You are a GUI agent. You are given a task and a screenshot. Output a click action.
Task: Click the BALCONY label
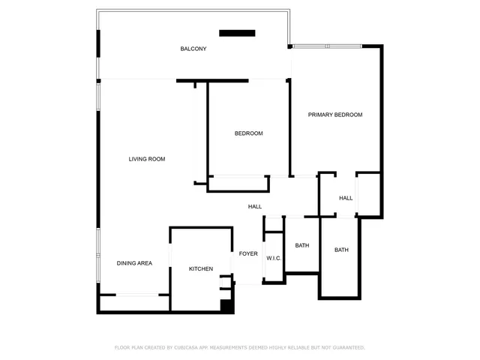193,49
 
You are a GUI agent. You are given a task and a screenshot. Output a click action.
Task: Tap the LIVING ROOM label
146,159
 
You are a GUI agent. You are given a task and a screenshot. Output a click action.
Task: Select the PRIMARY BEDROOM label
335,115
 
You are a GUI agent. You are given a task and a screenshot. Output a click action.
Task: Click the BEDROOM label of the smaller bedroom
248,133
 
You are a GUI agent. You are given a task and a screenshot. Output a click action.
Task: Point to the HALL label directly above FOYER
255,207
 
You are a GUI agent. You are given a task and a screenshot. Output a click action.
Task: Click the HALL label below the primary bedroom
346,198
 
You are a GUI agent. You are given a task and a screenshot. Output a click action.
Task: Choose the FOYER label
248,253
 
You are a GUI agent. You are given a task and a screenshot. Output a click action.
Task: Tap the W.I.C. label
274,258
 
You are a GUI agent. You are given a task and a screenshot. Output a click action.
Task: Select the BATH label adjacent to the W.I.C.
302,245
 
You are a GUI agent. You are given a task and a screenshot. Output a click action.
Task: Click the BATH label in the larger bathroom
341,250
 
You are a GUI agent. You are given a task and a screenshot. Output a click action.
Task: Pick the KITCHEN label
200,268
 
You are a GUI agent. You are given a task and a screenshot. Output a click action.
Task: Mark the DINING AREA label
134,263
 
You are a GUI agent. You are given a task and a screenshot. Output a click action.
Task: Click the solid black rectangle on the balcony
237,32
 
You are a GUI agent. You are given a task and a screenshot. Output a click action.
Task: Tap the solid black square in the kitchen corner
226,305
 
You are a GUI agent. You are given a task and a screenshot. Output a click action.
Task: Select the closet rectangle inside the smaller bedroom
238,183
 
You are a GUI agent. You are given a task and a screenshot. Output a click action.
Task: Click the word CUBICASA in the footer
187,347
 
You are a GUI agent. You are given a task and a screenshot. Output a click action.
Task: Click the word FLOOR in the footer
122,347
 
